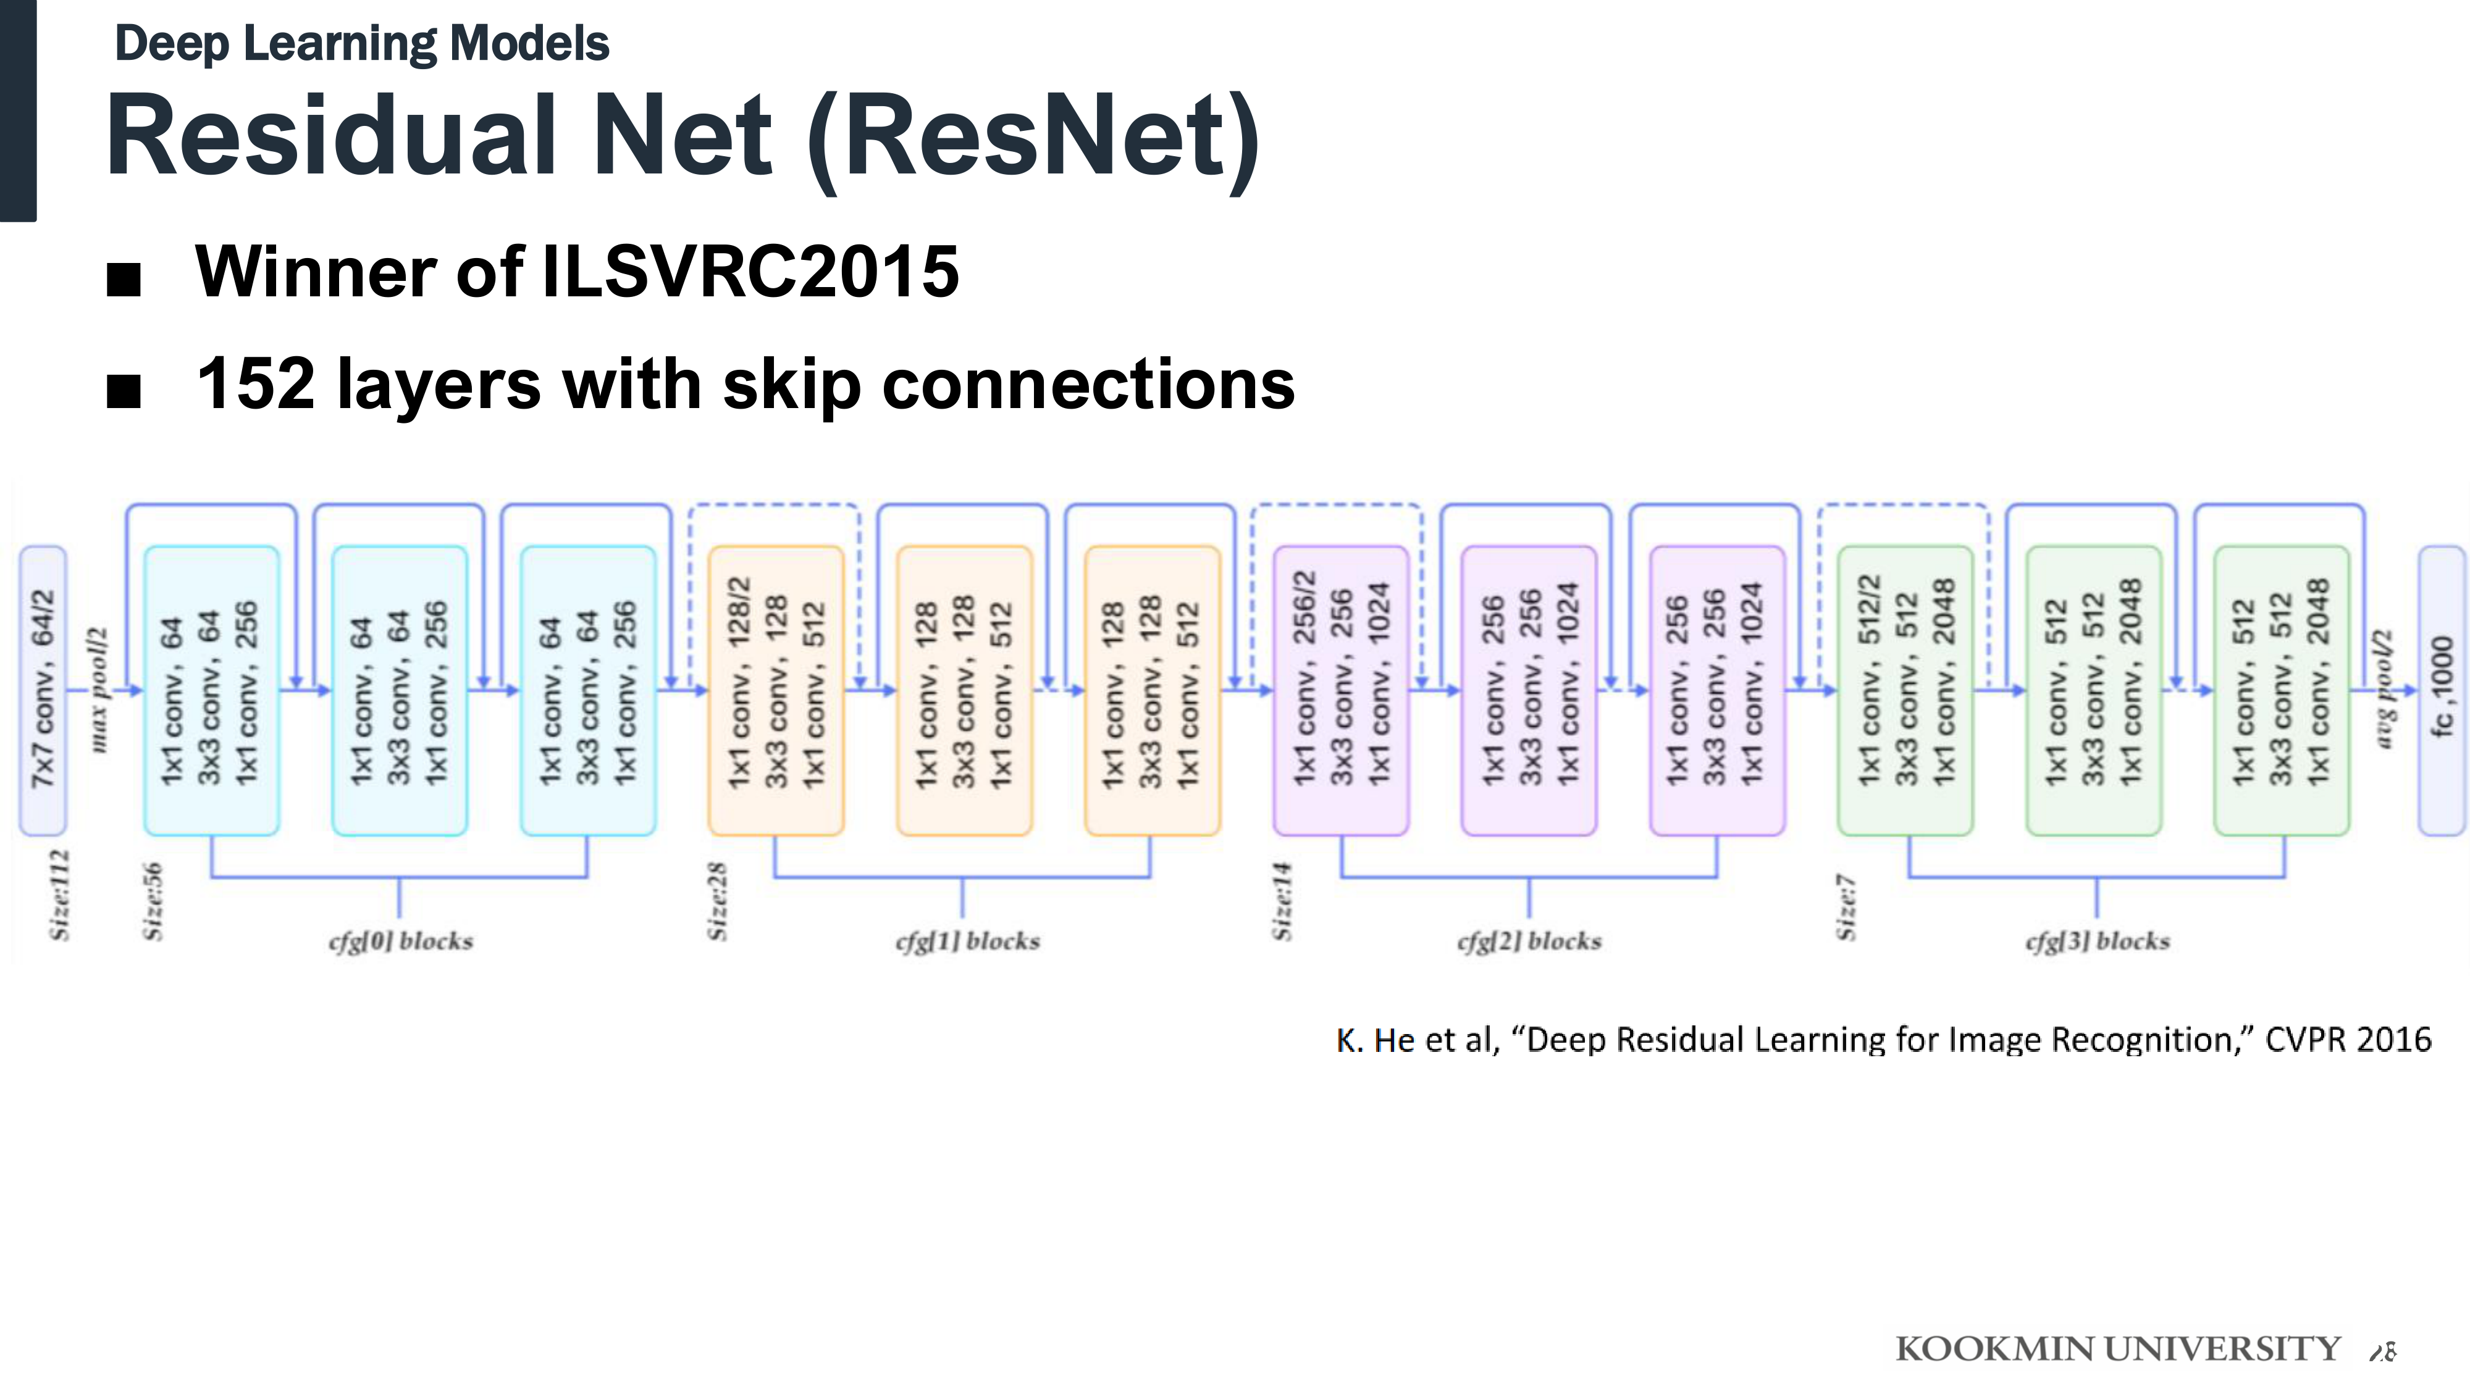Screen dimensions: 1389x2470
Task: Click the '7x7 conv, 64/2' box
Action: click(x=43, y=690)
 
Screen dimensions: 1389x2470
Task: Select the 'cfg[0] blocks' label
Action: click(x=401, y=941)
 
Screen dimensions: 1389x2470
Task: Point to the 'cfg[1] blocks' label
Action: click(x=967, y=941)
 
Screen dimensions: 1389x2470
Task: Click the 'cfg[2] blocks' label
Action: click(x=1529, y=941)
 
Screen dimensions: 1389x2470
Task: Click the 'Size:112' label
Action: click(x=59, y=895)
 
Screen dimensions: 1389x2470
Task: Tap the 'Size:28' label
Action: click(x=717, y=901)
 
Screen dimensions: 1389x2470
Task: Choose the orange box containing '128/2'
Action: click(x=776, y=690)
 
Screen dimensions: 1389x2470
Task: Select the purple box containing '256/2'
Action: click(x=1340, y=690)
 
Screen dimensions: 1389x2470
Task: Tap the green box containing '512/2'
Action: click(x=1905, y=690)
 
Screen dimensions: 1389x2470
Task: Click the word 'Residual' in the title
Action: click(x=332, y=135)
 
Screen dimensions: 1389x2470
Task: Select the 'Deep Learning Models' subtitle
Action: click(x=361, y=44)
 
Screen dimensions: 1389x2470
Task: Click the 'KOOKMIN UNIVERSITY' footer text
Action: click(x=2118, y=1349)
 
